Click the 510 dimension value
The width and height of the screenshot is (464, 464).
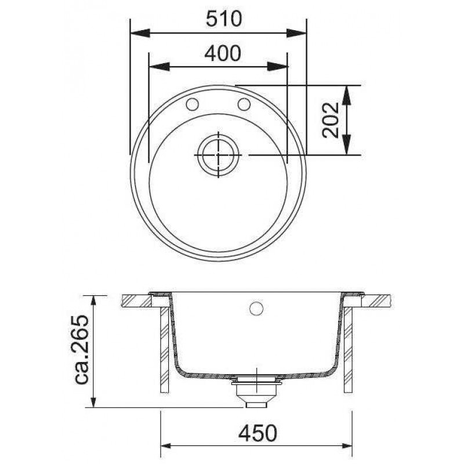tap(224, 19)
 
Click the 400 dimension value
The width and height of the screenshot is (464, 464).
tap(223, 53)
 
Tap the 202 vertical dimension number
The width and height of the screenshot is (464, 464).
tap(330, 120)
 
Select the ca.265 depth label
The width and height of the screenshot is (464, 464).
tap(81, 350)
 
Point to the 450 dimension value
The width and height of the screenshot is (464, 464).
tap(258, 433)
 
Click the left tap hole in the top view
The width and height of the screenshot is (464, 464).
tap(192, 104)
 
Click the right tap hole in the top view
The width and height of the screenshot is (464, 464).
tap(244, 104)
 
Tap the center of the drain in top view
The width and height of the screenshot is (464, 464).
tap(219, 155)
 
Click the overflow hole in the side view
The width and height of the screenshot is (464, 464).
tap(256, 309)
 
